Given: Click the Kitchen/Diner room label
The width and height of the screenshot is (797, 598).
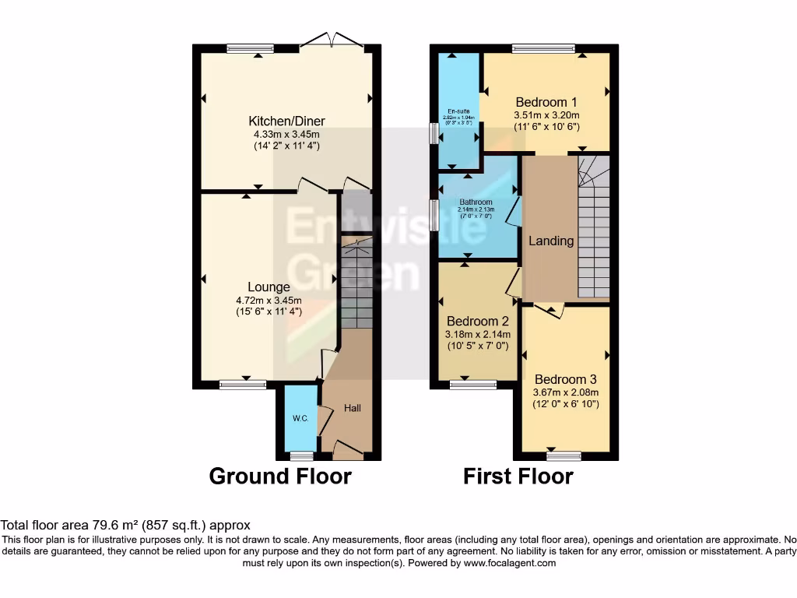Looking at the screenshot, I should point(286,121).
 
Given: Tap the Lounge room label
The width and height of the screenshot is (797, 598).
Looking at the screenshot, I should point(269,287).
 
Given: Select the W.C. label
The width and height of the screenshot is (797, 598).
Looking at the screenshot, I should point(300,419).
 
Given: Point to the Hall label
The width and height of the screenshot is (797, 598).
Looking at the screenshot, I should point(353,408).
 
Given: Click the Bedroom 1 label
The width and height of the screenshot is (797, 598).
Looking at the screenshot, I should point(546,102).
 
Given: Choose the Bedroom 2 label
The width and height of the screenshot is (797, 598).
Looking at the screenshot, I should point(478,321).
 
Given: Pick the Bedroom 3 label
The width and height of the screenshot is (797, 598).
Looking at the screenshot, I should point(566,379).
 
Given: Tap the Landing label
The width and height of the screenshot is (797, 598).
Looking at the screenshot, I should point(551,241).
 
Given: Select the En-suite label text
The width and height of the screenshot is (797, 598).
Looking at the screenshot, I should point(458,111).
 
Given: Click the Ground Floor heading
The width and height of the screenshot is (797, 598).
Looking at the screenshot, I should point(280,476).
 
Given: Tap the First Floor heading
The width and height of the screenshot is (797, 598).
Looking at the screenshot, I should point(518,476).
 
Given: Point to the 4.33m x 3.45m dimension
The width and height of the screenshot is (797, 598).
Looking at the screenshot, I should point(286,134).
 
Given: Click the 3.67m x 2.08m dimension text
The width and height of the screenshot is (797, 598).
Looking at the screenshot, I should point(566,392).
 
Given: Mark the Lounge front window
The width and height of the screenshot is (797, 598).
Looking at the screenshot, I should point(243,384).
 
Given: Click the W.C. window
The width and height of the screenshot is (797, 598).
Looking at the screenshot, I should point(301,456).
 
